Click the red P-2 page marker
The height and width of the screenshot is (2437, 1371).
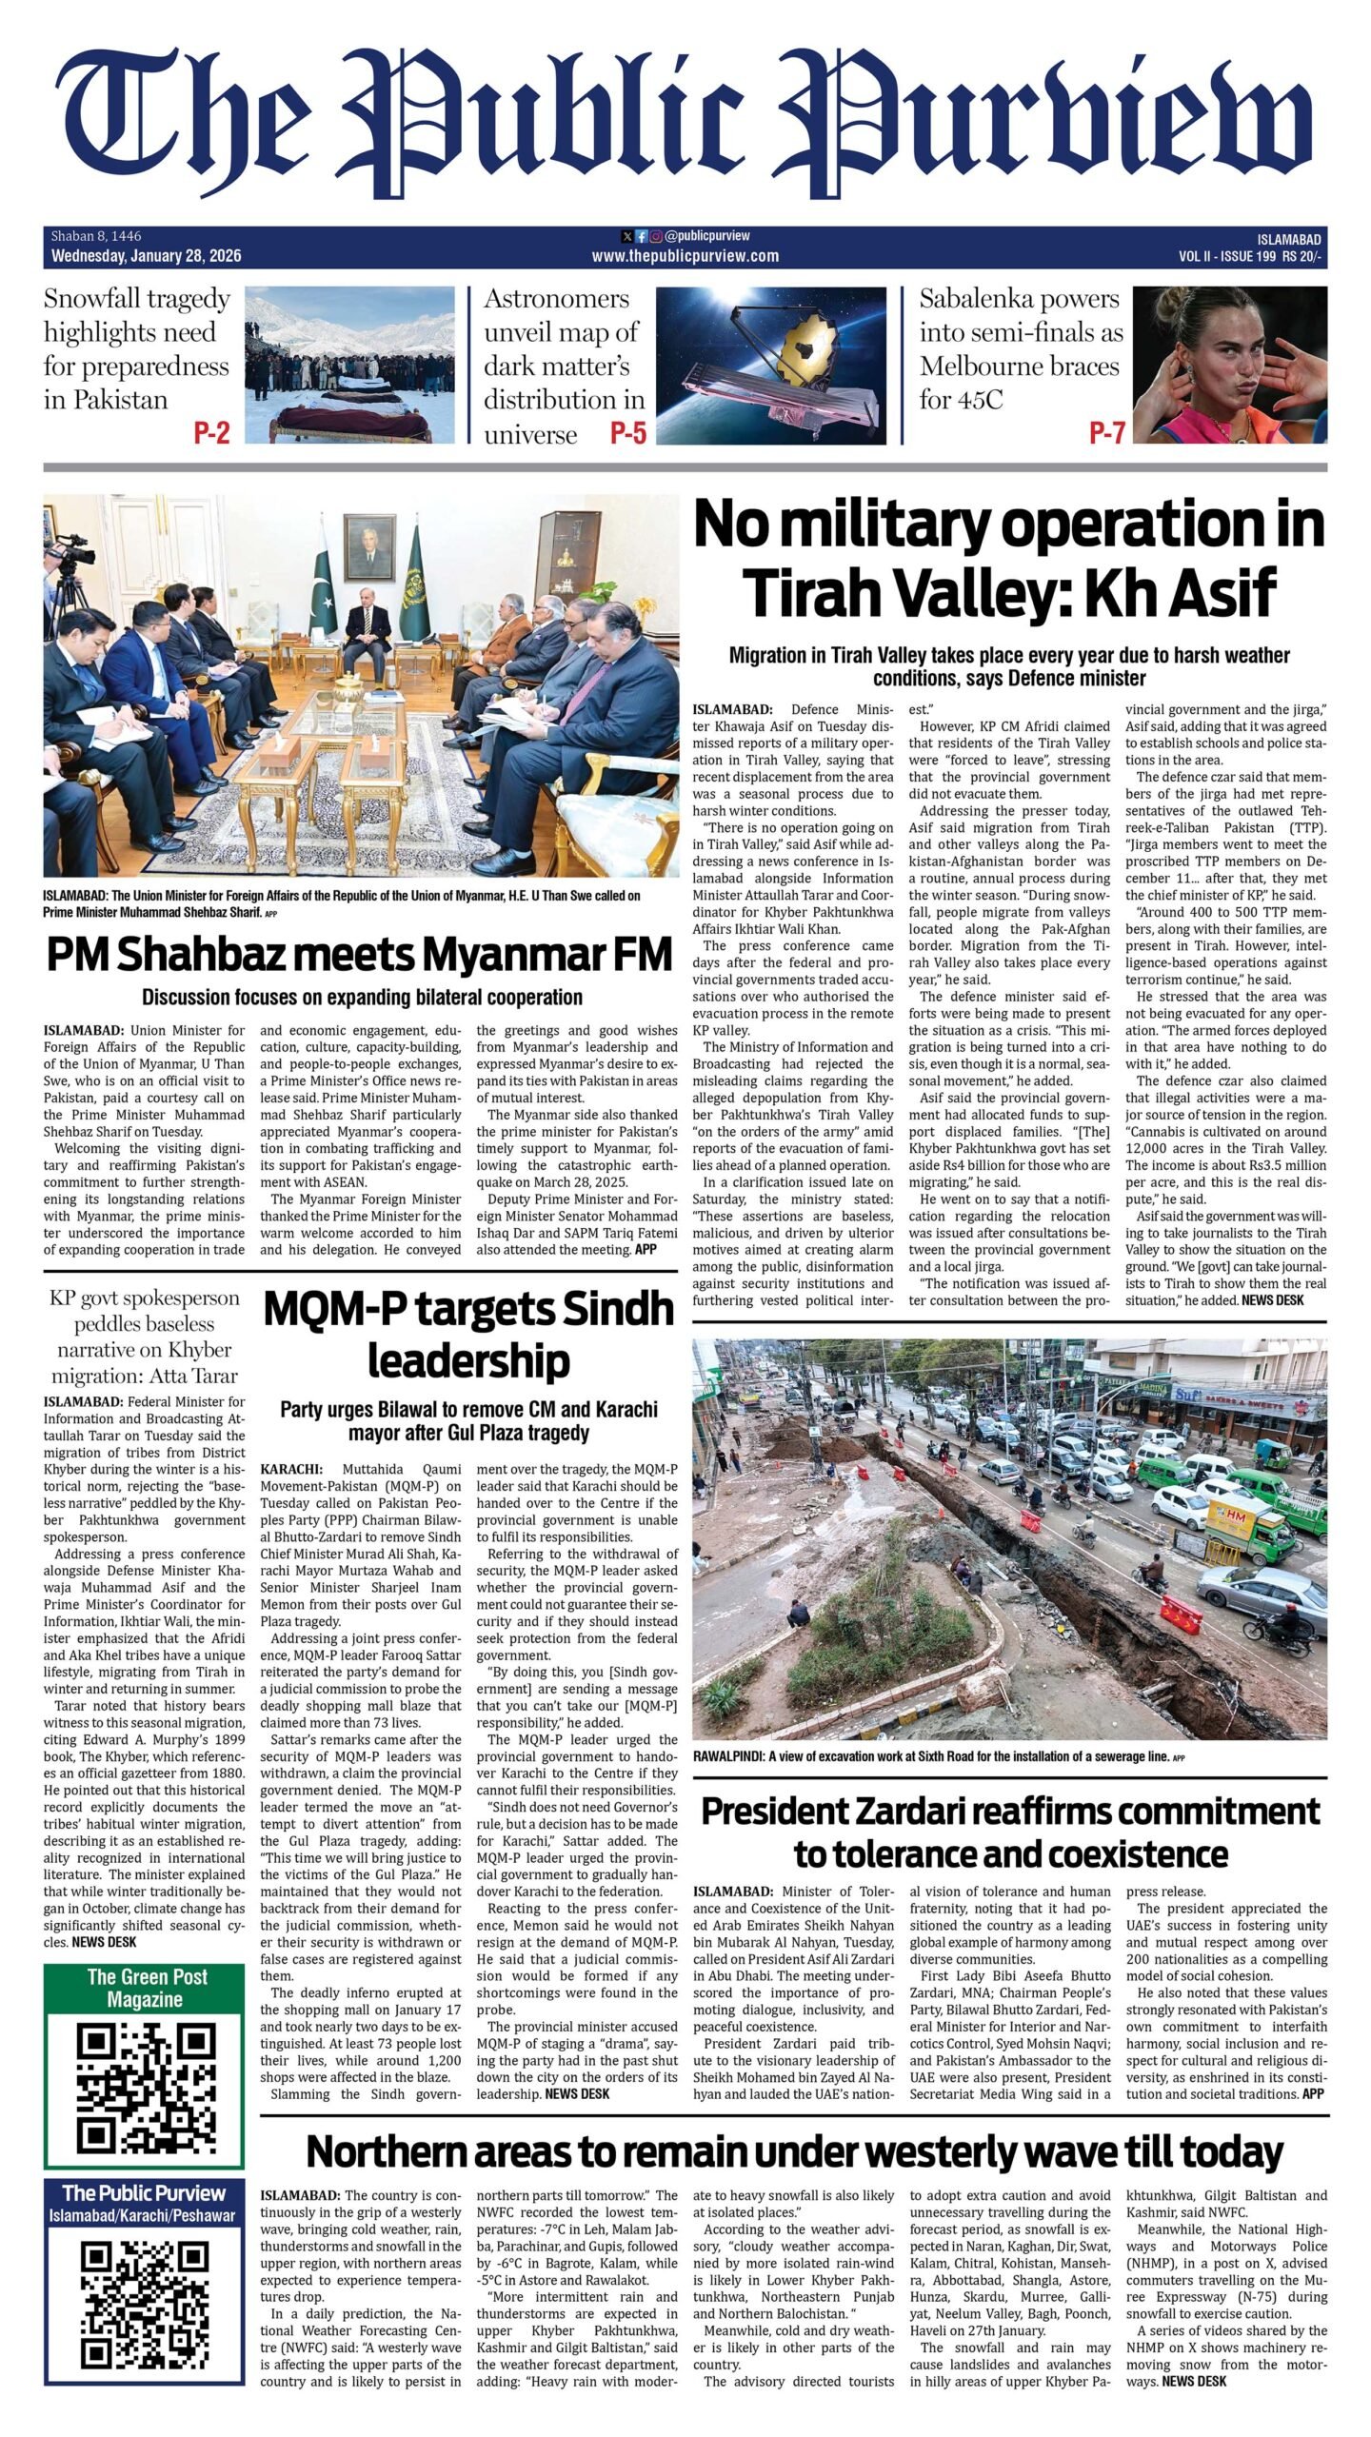click(211, 434)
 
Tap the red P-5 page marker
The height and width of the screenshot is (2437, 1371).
click(627, 434)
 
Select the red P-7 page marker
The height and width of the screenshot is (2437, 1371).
click(1106, 434)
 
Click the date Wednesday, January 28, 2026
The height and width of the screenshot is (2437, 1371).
click(146, 256)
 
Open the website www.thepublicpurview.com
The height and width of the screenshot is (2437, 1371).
click(685, 256)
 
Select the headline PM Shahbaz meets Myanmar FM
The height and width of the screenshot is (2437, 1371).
click(360, 955)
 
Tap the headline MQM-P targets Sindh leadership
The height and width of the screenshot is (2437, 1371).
click(467, 1336)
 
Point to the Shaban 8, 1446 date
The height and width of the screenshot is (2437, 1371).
click(96, 236)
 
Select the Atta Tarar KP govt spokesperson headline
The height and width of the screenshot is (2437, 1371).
click(145, 1337)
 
